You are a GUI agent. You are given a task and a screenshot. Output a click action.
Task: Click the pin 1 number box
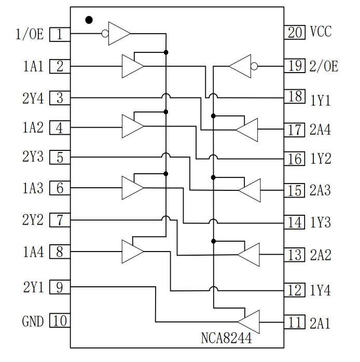pos(60,35)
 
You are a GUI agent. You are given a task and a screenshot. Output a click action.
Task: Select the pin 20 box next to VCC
pos(295,33)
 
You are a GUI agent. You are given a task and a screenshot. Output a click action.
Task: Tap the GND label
pos(33,322)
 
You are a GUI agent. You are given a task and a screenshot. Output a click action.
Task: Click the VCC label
pos(321,32)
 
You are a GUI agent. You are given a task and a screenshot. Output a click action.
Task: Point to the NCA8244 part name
pos(226,339)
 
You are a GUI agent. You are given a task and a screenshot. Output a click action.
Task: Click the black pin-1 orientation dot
pos(89,20)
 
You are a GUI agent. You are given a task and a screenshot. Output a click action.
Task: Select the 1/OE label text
pos(29,35)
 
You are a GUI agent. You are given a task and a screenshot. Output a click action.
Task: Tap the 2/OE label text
pos(324,66)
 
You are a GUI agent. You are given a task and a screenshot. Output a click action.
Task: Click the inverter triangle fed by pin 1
pos(118,34)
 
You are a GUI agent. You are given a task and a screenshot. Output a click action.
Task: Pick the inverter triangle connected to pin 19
pos(240,66)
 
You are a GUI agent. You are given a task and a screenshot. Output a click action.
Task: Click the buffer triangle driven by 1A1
pos(132,66)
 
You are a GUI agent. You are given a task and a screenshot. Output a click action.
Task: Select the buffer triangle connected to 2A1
pos(250,322)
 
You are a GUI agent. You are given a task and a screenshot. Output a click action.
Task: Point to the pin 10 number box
pos(60,321)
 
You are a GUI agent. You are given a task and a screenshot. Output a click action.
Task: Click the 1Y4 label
pos(321,290)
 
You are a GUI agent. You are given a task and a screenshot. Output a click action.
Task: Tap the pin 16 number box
pos(295,159)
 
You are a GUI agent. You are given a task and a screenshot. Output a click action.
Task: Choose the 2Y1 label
pos(33,287)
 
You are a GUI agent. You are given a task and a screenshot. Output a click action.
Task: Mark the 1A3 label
pos(33,188)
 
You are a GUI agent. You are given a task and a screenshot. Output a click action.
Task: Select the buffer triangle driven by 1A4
pos(132,252)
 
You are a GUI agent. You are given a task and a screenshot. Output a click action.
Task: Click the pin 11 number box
pos(295,323)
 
